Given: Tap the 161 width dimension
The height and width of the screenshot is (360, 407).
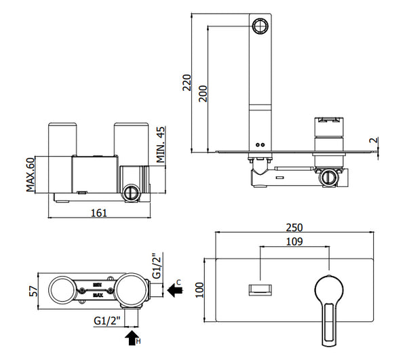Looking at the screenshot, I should tap(100, 214).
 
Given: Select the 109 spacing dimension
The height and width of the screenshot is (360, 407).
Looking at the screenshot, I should tap(295, 241).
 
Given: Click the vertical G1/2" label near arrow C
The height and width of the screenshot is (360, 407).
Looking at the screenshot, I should tap(156, 266).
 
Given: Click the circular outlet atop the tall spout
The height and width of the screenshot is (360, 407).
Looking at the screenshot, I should tap(260, 26).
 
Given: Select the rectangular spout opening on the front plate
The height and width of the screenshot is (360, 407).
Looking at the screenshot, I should tap(260, 289).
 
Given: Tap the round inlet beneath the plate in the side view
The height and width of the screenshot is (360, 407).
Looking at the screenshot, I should tap(328, 178).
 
